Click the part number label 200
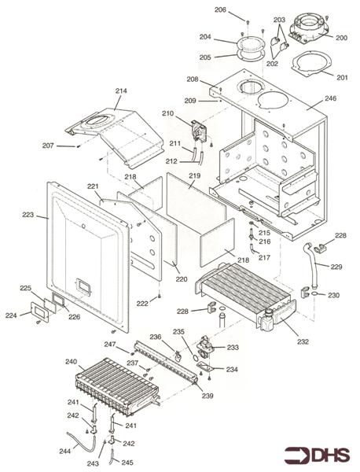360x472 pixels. tap(341, 38)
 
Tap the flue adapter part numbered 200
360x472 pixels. tap(309, 28)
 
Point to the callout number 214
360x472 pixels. tap(121, 90)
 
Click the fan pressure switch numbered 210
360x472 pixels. tap(199, 131)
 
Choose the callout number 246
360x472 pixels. tap(331, 98)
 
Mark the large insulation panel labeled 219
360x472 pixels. tap(196, 198)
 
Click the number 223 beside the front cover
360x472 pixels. tap(28, 215)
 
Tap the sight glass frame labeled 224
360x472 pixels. tap(40, 312)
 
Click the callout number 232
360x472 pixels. tap(303, 341)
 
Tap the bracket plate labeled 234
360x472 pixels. tap(205, 367)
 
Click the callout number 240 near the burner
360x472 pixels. tap(71, 362)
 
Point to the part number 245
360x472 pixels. tap(127, 462)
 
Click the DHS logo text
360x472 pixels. tap(331, 455)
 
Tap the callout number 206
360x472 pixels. tap(220, 9)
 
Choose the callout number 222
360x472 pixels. tap(142, 304)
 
